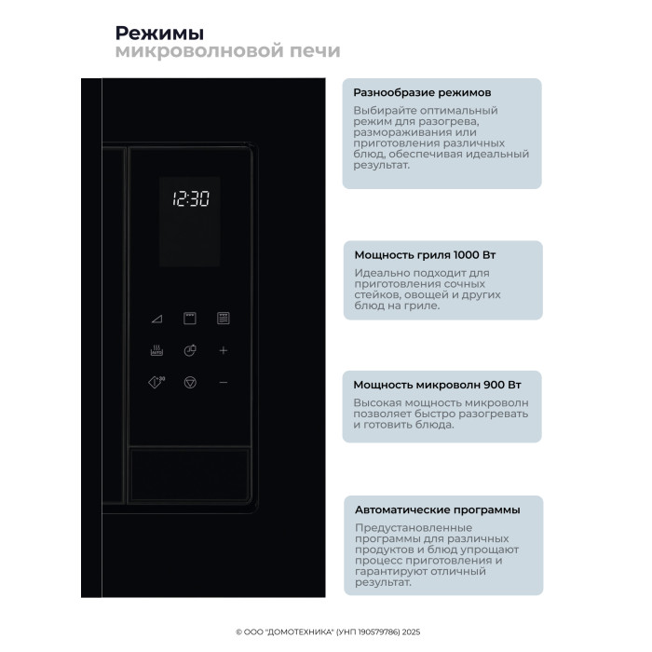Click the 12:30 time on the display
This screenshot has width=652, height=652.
pos(191,198)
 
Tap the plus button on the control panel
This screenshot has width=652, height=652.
pos(224,350)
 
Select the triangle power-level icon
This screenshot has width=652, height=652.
pos(156,319)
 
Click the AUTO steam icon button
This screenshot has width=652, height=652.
pos(156,351)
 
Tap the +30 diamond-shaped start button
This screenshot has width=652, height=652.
pos(156,382)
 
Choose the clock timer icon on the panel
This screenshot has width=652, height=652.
pos(190,351)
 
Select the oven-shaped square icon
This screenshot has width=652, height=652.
pos(190,319)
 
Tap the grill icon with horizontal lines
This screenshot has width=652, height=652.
pos(224,319)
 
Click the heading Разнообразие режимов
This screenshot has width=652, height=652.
pos(422,93)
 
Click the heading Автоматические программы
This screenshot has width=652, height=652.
pos(438,509)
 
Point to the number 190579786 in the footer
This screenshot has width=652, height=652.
pos(376,631)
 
